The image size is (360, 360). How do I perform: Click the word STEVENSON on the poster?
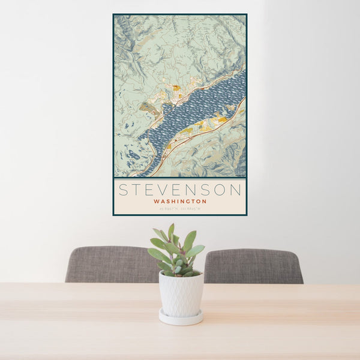180,190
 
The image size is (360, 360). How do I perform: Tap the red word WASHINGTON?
180,202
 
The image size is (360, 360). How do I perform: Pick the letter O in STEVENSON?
221,190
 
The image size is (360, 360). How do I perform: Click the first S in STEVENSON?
123,190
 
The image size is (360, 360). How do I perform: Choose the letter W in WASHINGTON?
156,202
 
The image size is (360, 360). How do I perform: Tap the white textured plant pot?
181,294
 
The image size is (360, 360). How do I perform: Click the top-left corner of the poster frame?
113,14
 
